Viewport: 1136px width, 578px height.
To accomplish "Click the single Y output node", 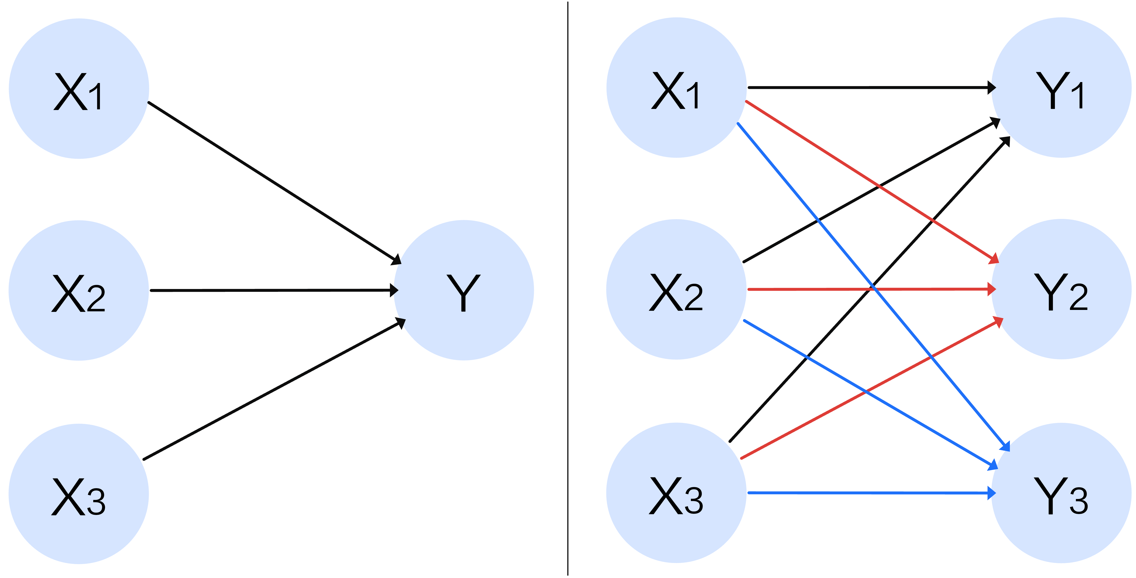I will [463, 290].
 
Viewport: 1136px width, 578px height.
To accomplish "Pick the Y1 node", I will [1061, 88].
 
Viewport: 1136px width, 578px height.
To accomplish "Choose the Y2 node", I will [1061, 289].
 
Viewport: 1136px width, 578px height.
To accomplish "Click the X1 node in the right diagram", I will [676, 88].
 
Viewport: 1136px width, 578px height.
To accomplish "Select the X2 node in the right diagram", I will [676, 289].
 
